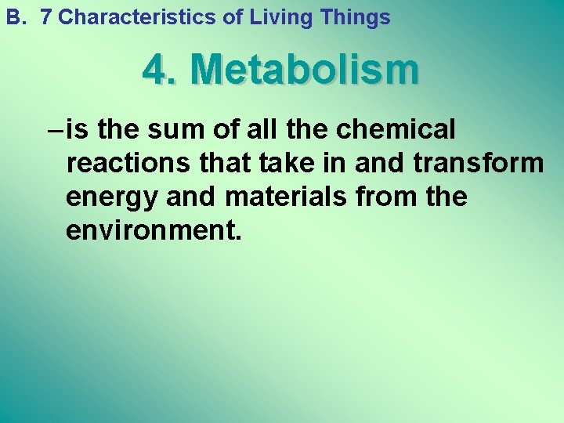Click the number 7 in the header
tap(45, 17)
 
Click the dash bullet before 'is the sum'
tap(55, 129)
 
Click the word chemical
tap(396, 129)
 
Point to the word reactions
tap(126, 163)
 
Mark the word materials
tap(285, 197)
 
